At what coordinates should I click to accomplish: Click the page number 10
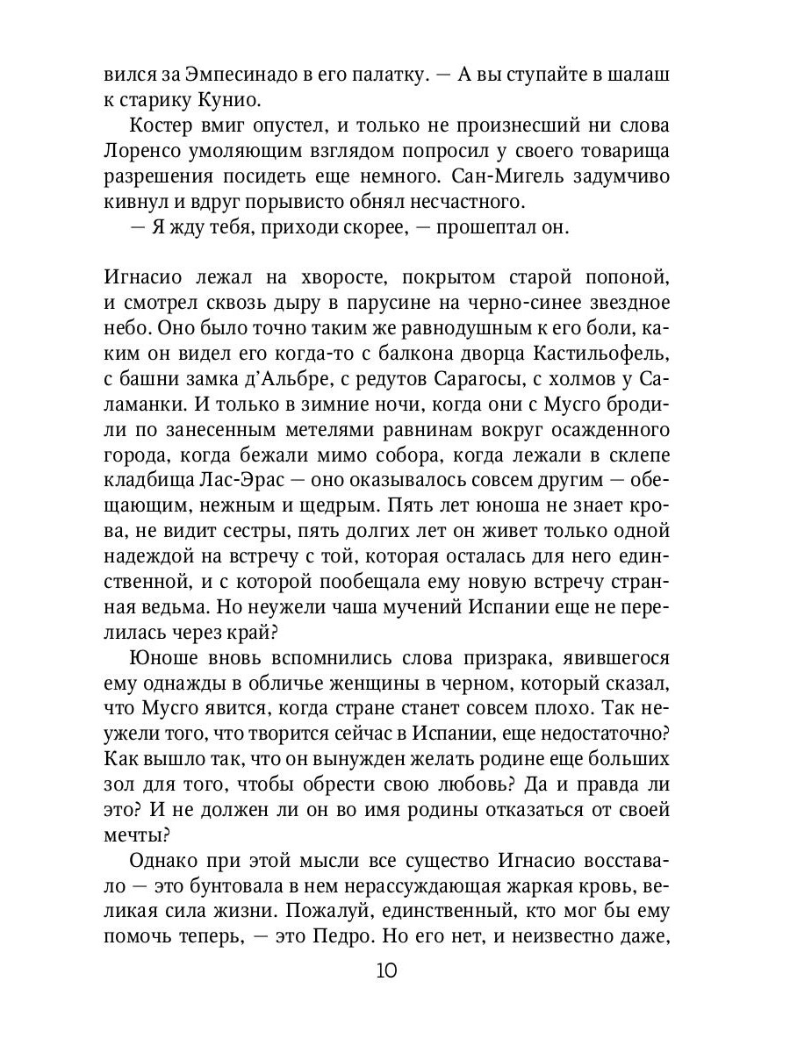[x=387, y=971]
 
